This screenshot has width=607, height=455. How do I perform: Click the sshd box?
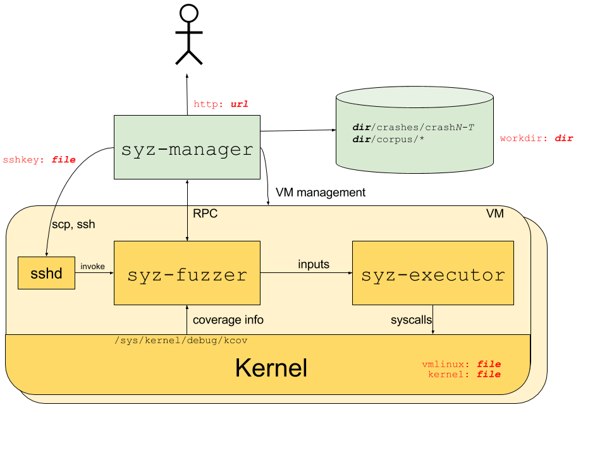pyautogui.click(x=46, y=273)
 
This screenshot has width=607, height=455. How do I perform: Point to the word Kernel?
pyautogui.click(x=271, y=367)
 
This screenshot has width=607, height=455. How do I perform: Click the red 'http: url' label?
pyautogui.click(x=221, y=104)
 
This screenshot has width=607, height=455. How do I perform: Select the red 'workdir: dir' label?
pyautogui.click(x=536, y=138)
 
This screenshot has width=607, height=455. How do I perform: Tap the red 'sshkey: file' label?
pyautogui.click(x=39, y=160)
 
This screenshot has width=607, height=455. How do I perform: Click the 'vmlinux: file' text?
pyautogui.click(x=461, y=364)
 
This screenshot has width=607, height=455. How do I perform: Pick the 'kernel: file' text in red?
pyautogui.click(x=464, y=374)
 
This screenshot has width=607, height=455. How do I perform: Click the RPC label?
pyautogui.click(x=205, y=214)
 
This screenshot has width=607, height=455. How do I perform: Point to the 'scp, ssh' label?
pyautogui.click(x=73, y=224)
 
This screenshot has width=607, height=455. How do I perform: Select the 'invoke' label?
pyautogui.click(x=92, y=267)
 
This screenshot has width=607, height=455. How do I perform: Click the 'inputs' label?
pyautogui.click(x=314, y=264)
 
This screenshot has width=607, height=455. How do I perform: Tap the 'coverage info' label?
pyautogui.click(x=228, y=320)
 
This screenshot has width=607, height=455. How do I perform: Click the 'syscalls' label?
pyautogui.click(x=411, y=320)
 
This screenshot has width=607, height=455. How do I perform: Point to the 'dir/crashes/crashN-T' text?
pyautogui.click(x=413, y=127)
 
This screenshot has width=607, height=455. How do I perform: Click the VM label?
pyautogui.click(x=494, y=214)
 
